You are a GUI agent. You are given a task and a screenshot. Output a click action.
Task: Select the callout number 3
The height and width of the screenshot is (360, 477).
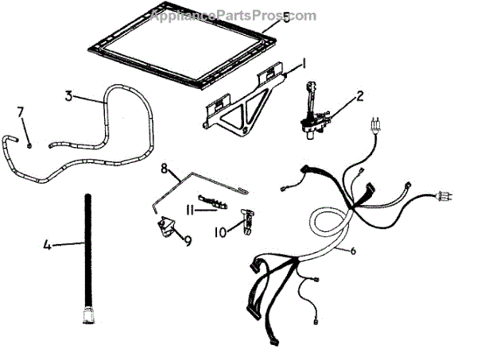click(x=69, y=97)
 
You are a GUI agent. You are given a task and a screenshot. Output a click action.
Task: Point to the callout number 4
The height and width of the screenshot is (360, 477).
click(x=47, y=246)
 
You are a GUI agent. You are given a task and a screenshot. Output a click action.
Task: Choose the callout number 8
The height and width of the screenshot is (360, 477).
click(x=165, y=168)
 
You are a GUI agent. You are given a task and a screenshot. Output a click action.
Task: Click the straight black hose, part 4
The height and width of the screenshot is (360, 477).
click(x=85, y=254)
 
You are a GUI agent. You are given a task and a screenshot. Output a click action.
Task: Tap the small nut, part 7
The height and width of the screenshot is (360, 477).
click(x=29, y=145)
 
